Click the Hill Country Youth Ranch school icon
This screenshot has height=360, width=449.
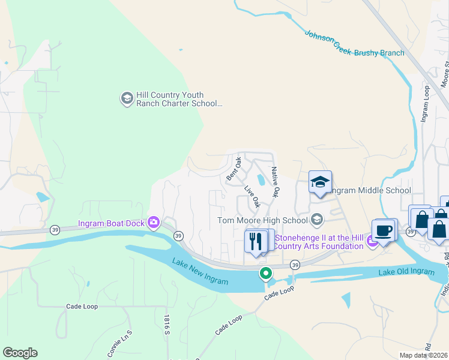pos(127,98)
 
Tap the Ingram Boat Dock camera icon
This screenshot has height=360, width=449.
pos(154,223)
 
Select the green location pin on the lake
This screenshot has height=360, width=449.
pos(265,274)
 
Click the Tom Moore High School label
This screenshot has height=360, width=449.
pos(262,220)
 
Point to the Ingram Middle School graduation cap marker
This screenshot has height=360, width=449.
pos(320,182)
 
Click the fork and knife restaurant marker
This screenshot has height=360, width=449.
pos(256,241)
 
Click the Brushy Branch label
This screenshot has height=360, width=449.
pos(379,53)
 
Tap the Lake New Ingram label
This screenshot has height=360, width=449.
pos(199,272)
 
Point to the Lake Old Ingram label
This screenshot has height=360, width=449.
pos(406,272)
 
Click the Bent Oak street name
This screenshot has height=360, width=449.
pos(234,169)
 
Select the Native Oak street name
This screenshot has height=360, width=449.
pos(276,182)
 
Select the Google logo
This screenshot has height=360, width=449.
pos(20,353)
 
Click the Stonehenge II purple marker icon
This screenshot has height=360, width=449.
pos(373,241)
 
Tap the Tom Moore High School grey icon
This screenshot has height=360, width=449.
pos(317,220)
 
